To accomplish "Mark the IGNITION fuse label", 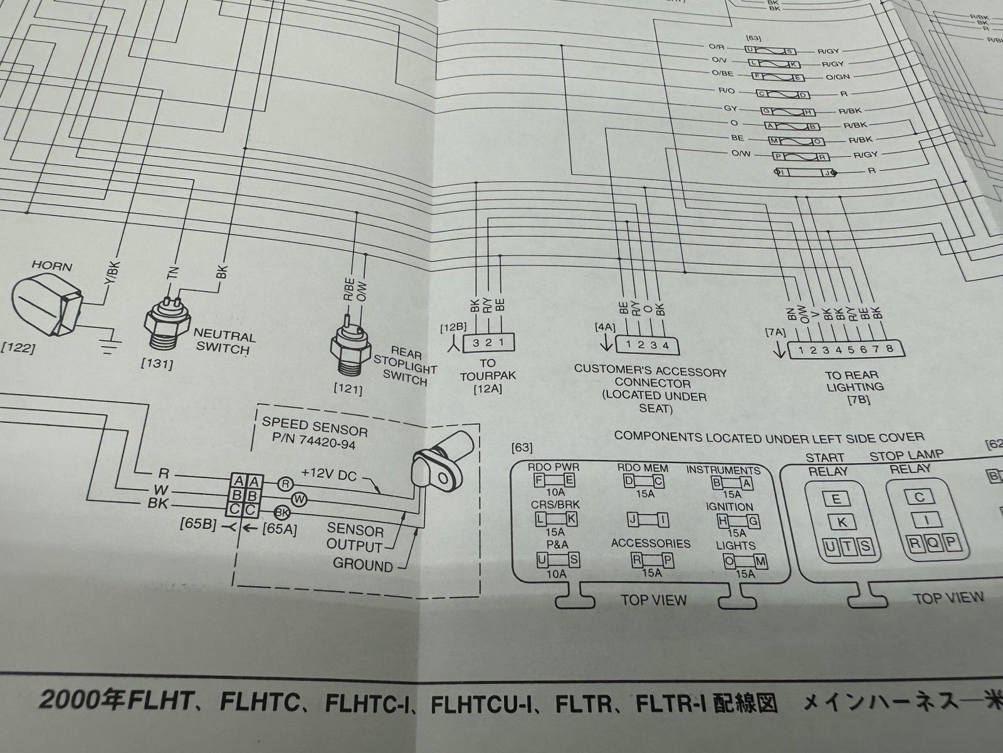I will click(x=730, y=506).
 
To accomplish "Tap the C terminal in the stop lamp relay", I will click(x=920, y=498).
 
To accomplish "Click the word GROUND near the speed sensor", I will click(x=362, y=564).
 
